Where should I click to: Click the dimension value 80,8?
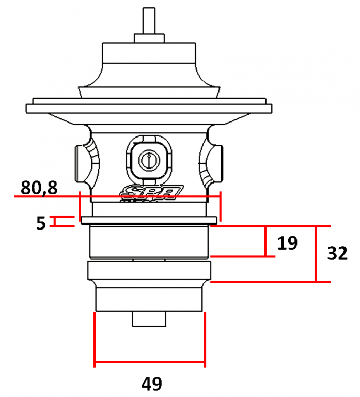tap(39, 188)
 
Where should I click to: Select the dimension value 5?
tap(41, 223)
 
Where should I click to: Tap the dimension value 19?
tap(287, 243)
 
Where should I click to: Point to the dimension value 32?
tap(337, 254)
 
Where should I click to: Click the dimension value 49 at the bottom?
tap(151, 384)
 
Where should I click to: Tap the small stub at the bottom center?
tap(149, 319)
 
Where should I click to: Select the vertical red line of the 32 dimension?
tap(315, 254)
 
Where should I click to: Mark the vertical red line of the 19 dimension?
tap(265, 241)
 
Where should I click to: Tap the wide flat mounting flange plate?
tap(149, 109)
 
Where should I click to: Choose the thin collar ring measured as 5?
tap(149, 222)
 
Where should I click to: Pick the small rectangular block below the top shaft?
tap(149, 38)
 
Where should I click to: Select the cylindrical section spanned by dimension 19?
tap(149, 242)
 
